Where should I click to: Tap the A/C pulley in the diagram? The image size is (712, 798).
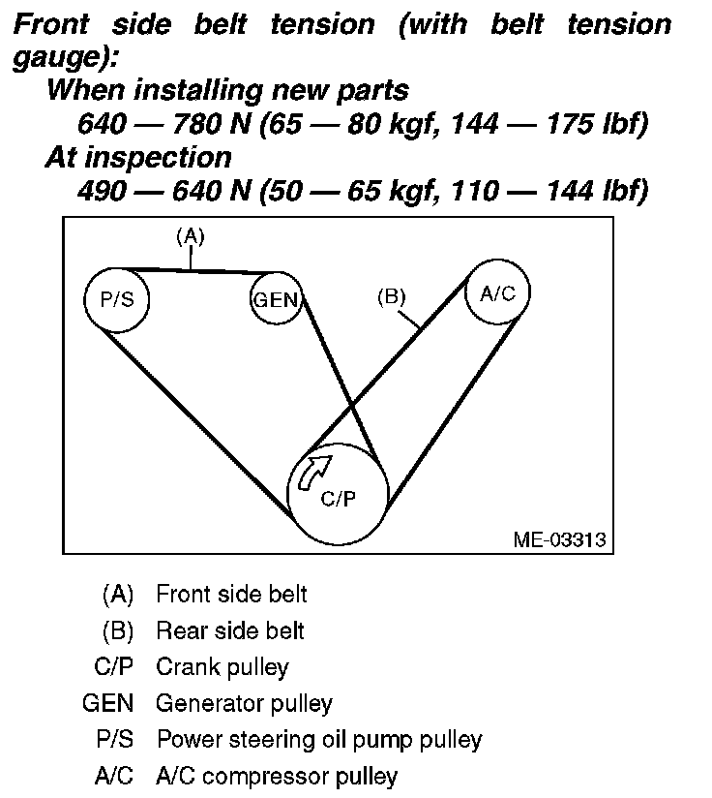pyautogui.click(x=497, y=293)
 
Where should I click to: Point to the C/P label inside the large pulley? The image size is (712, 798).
pyautogui.click(x=339, y=501)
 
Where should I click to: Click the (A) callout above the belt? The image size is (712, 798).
pyautogui.click(x=190, y=235)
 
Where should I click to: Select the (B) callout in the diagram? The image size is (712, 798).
pyautogui.click(x=391, y=297)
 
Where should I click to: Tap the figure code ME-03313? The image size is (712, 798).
pyautogui.click(x=560, y=539)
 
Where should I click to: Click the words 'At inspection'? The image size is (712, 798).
pyautogui.click(x=138, y=157)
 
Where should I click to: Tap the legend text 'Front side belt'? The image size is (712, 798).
pyautogui.click(x=231, y=594)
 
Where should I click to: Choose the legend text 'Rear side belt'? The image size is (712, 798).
pyautogui.click(x=230, y=631)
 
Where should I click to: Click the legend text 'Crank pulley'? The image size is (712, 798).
pyautogui.click(x=222, y=667)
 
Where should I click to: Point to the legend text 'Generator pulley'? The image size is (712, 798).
pyautogui.click(x=244, y=704)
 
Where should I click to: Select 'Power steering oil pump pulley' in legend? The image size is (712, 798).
pyautogui.click(x=319, y=740)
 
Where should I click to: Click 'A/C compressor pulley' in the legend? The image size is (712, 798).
pyautogui.click(x=277, y=776)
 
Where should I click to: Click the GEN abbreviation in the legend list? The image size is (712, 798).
pyautogui.click(x=107, y=704)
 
